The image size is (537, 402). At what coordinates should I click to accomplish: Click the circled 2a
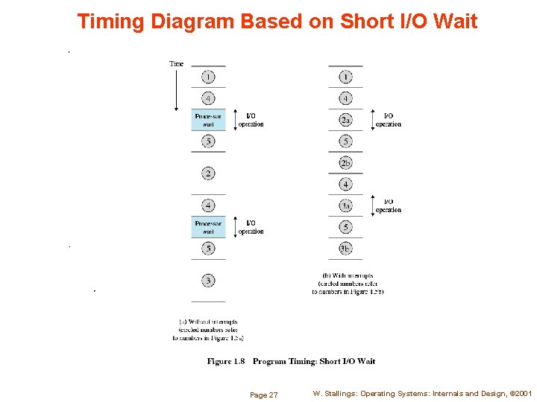pos(345,120)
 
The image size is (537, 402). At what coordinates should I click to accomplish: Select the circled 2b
pos(345,163)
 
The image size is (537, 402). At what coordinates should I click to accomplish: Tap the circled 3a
pos(345,205)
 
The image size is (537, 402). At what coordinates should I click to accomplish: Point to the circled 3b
pos(345,249)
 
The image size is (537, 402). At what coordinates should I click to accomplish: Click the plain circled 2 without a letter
pos(208,173)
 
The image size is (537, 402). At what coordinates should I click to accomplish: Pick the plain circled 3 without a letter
pos(208,281)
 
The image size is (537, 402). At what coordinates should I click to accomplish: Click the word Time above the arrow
pos(176,64)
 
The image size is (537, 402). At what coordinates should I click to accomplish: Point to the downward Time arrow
pos(176,89)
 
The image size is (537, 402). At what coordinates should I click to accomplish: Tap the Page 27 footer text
pos(263,395)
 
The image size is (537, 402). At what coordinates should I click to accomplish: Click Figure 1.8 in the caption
pos(225,361)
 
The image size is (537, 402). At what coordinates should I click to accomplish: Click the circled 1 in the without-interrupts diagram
pos(208,77)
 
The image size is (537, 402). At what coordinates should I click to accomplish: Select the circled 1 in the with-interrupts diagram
pos(345,77)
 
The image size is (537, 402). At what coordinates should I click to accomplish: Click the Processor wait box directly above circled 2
pos(208,120)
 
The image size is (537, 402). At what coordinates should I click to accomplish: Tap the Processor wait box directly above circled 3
pos(208,227)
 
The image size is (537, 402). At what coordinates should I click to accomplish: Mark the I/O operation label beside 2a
pos(388,120)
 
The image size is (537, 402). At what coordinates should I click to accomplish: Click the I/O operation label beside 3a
pos(388,205)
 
